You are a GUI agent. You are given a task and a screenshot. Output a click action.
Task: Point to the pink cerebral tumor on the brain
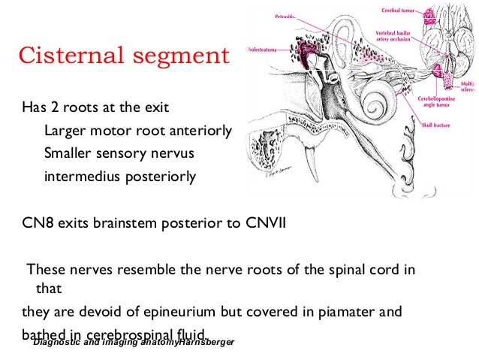click(450, 14)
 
